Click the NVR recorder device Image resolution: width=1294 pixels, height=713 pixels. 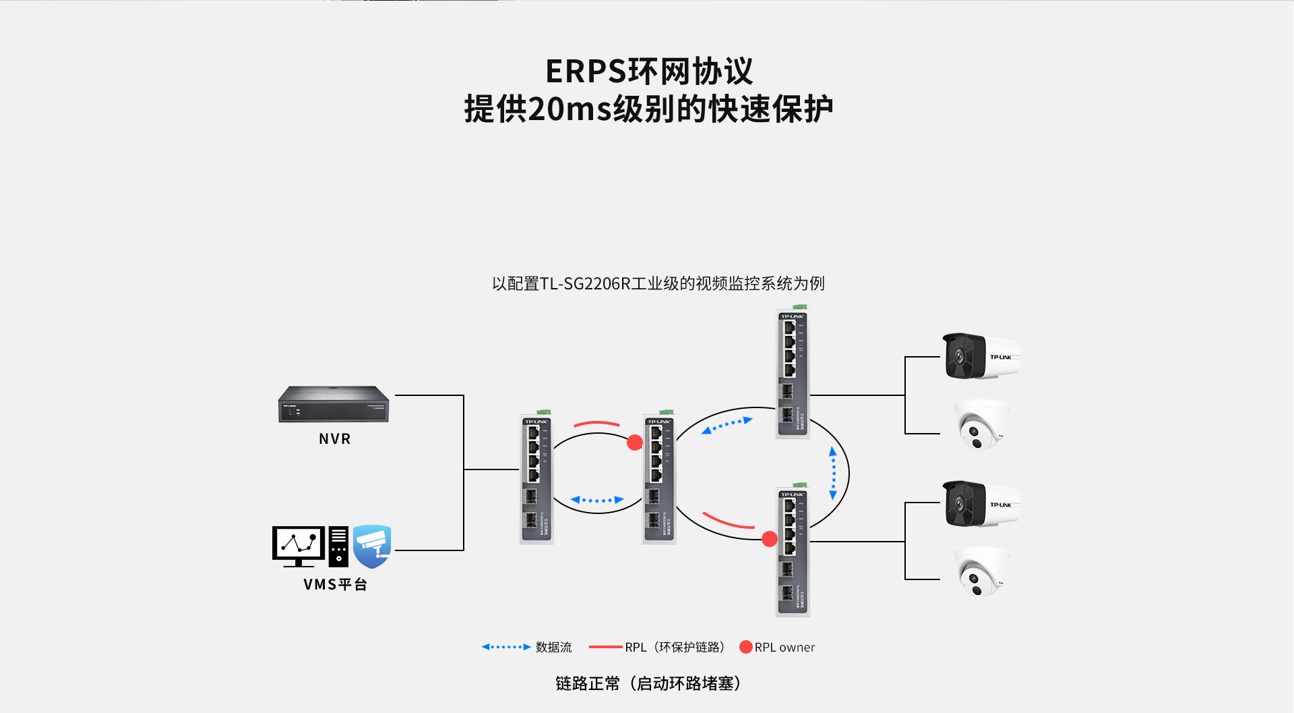click(x=334, y=404)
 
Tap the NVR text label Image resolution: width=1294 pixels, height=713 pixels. click(x=335, y=439)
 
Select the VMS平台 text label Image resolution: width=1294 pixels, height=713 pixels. click(x=335, y=585)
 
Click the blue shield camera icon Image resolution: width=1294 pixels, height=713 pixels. click(x=372, y=546)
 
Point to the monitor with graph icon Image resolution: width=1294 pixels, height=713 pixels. click(x=299, y=545)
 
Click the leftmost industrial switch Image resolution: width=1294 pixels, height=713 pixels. click(x=536, y=479)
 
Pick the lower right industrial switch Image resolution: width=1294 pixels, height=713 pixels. click(x=793, y=552)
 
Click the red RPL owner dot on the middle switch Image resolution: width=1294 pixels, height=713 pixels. click(x=635, y=443)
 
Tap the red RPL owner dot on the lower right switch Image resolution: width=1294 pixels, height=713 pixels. click(x=770, y=539)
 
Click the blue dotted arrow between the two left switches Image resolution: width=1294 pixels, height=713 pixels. click(x=597, y=500)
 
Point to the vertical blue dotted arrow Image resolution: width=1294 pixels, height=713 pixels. click(x=833, y=473)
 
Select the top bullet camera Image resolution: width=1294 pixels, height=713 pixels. click(x=981, y=355)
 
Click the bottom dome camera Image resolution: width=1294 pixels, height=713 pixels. click(x=982, y=572)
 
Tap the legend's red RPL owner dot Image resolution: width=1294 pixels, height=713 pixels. click(x=746, y=647)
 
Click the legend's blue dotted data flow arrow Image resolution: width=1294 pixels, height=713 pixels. click(x=506, y=647)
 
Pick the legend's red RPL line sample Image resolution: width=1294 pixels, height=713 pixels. click(x=605, y=647)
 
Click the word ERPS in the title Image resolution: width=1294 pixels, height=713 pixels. click(x=586, y=72)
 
